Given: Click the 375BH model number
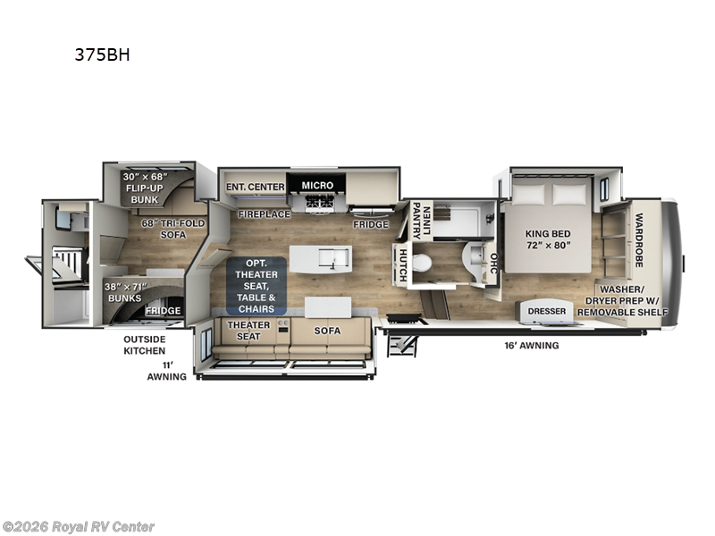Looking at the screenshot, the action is click(102, 54).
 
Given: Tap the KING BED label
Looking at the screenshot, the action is click(548, 234).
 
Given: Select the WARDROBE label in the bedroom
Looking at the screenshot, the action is click(639, 240).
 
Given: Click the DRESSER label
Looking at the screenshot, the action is click(547, 311).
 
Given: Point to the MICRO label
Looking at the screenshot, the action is click(317, 186).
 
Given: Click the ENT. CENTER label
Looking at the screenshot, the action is click(256, 187).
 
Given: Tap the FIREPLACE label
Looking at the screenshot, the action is click(264, 214).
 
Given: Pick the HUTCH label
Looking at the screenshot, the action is click(403, 264).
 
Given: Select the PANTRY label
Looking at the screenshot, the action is click(416, 221).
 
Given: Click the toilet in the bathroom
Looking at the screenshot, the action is click(422, 263).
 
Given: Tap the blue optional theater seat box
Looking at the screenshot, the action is click(257, 286).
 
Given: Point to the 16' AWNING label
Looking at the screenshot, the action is click(531, 346).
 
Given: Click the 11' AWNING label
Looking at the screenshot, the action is click(167, 371).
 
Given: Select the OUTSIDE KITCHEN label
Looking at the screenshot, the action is click(144, 345).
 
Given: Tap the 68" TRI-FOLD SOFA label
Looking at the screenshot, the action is click(173, 229).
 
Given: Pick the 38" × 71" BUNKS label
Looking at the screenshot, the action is click(125, 293).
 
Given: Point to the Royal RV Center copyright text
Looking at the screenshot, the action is click(78, 527).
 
